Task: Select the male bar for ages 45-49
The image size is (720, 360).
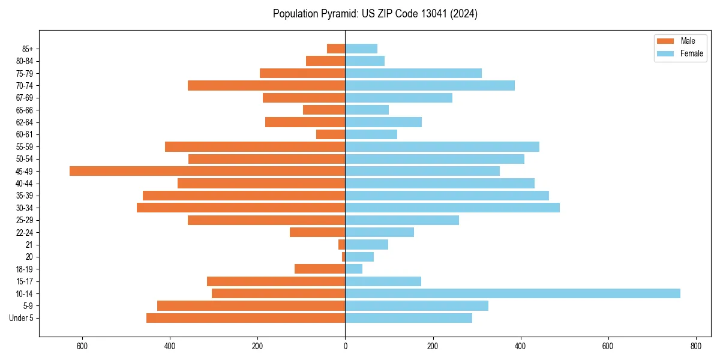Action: click(207, 171)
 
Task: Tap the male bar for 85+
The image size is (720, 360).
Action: click(336, 49)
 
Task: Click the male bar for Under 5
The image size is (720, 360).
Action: click(245, 318)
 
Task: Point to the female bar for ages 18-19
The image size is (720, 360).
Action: click(353, 269)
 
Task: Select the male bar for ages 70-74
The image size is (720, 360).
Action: click(266, 85)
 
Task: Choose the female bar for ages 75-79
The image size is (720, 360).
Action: click(413, 73)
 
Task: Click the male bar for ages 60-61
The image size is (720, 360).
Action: click(331, 134)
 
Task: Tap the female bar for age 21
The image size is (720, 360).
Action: click(367, 244)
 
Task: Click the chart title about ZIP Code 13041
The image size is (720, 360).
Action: click(375, 14)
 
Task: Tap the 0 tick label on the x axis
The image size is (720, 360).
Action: click(345, 346)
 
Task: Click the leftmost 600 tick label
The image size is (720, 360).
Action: click(82, 346)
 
